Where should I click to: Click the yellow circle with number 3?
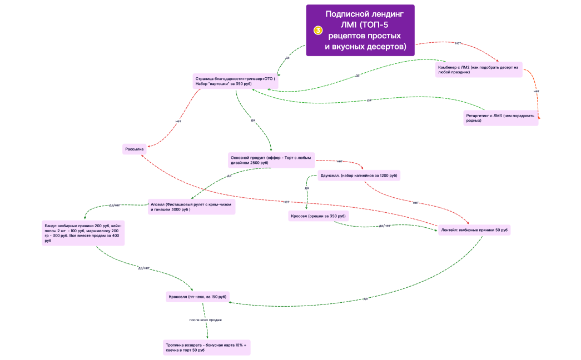coord(318,31)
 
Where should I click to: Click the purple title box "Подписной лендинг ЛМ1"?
coord(360,31)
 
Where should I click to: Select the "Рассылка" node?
coord(135,149)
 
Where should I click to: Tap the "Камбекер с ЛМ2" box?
coord(479,69)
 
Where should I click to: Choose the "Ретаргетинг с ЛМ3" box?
coord(500,118)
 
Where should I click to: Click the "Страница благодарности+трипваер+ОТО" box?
coord(235,81)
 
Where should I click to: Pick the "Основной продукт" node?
coord(271,160)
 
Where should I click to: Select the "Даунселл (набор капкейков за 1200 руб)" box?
coord(359,176)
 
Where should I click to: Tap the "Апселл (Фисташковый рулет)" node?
coord(191,207)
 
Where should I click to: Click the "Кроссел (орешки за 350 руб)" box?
coord(318,216)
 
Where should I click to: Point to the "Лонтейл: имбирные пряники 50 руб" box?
coord(474,230)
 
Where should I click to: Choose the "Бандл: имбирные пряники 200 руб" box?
coord(83,233)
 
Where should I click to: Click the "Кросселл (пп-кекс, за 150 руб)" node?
coord(197,297)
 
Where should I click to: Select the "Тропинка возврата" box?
coord(207,347)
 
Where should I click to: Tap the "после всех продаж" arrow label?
coord(206,320)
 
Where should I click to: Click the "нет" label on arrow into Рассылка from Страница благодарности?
coord(178,121)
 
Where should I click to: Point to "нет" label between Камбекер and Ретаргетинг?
coord(536,91)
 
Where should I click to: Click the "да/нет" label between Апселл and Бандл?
coord(115,205)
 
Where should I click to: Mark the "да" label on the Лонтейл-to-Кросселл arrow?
coord(365,298)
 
